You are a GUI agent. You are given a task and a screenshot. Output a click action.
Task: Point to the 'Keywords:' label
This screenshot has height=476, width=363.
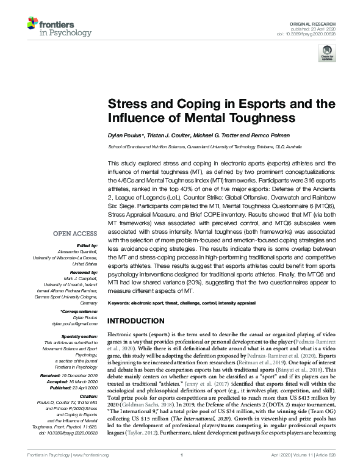pyautogui.click(x=120, y=303)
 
